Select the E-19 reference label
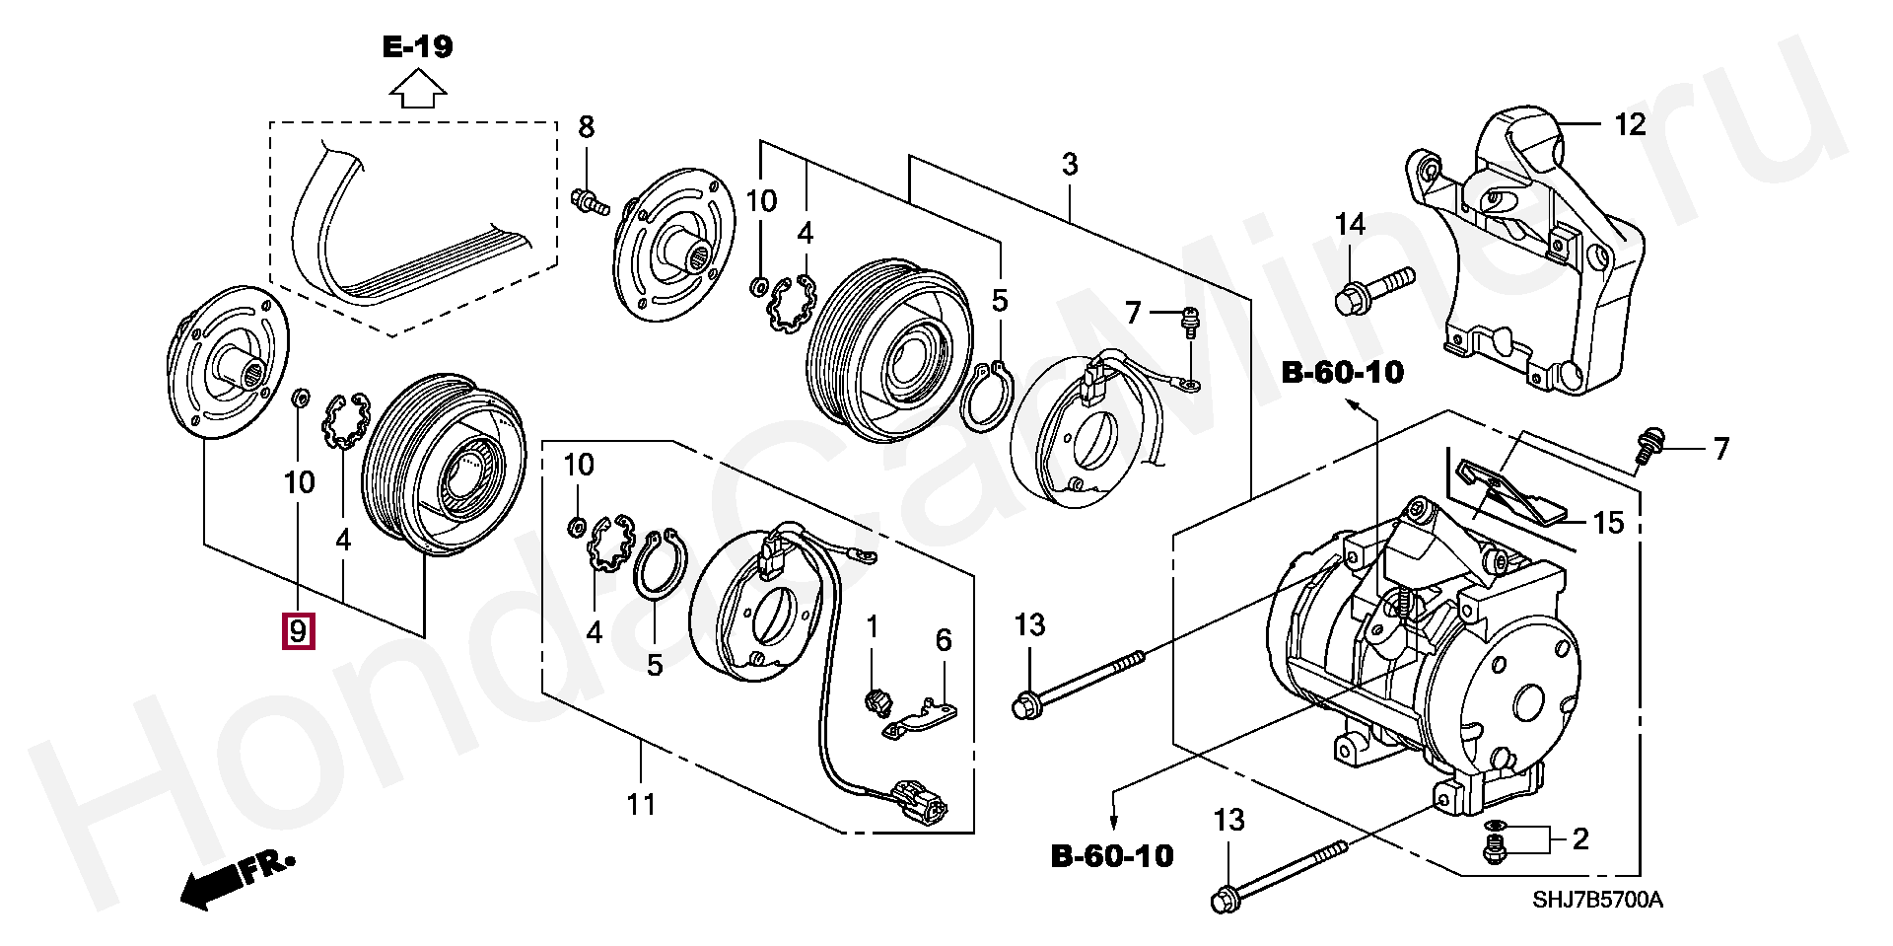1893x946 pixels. pyautogui.click(x=418, y=47)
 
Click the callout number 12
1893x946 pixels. pyautogui.click(x=1630, y=125)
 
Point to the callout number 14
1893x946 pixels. pyautogui.click(x=1350, y=225)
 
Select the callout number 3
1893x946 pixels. pyautogui.click(x=1070, y=165)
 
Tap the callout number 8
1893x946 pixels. pyautogui.click(x=587, y=126)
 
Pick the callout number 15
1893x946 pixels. pyautogui.click(x=1608, y=522)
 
